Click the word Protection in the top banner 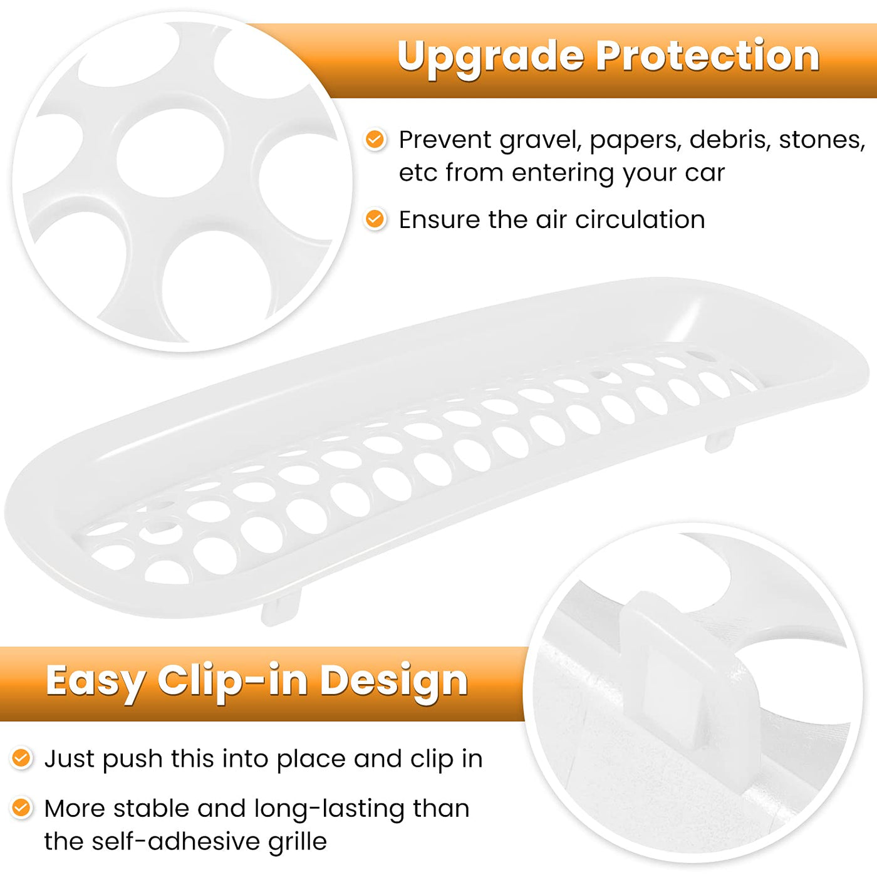(x=708, y=56)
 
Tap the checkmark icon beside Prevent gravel (x=375, y=139)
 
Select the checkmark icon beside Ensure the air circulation (x=375, y=219)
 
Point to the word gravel (x=540, y=140)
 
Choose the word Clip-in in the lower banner (x=232, y=682)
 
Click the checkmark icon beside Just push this (x=21, y=758)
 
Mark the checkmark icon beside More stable (x=21, y=808)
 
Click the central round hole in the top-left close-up (x=170, y=153)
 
